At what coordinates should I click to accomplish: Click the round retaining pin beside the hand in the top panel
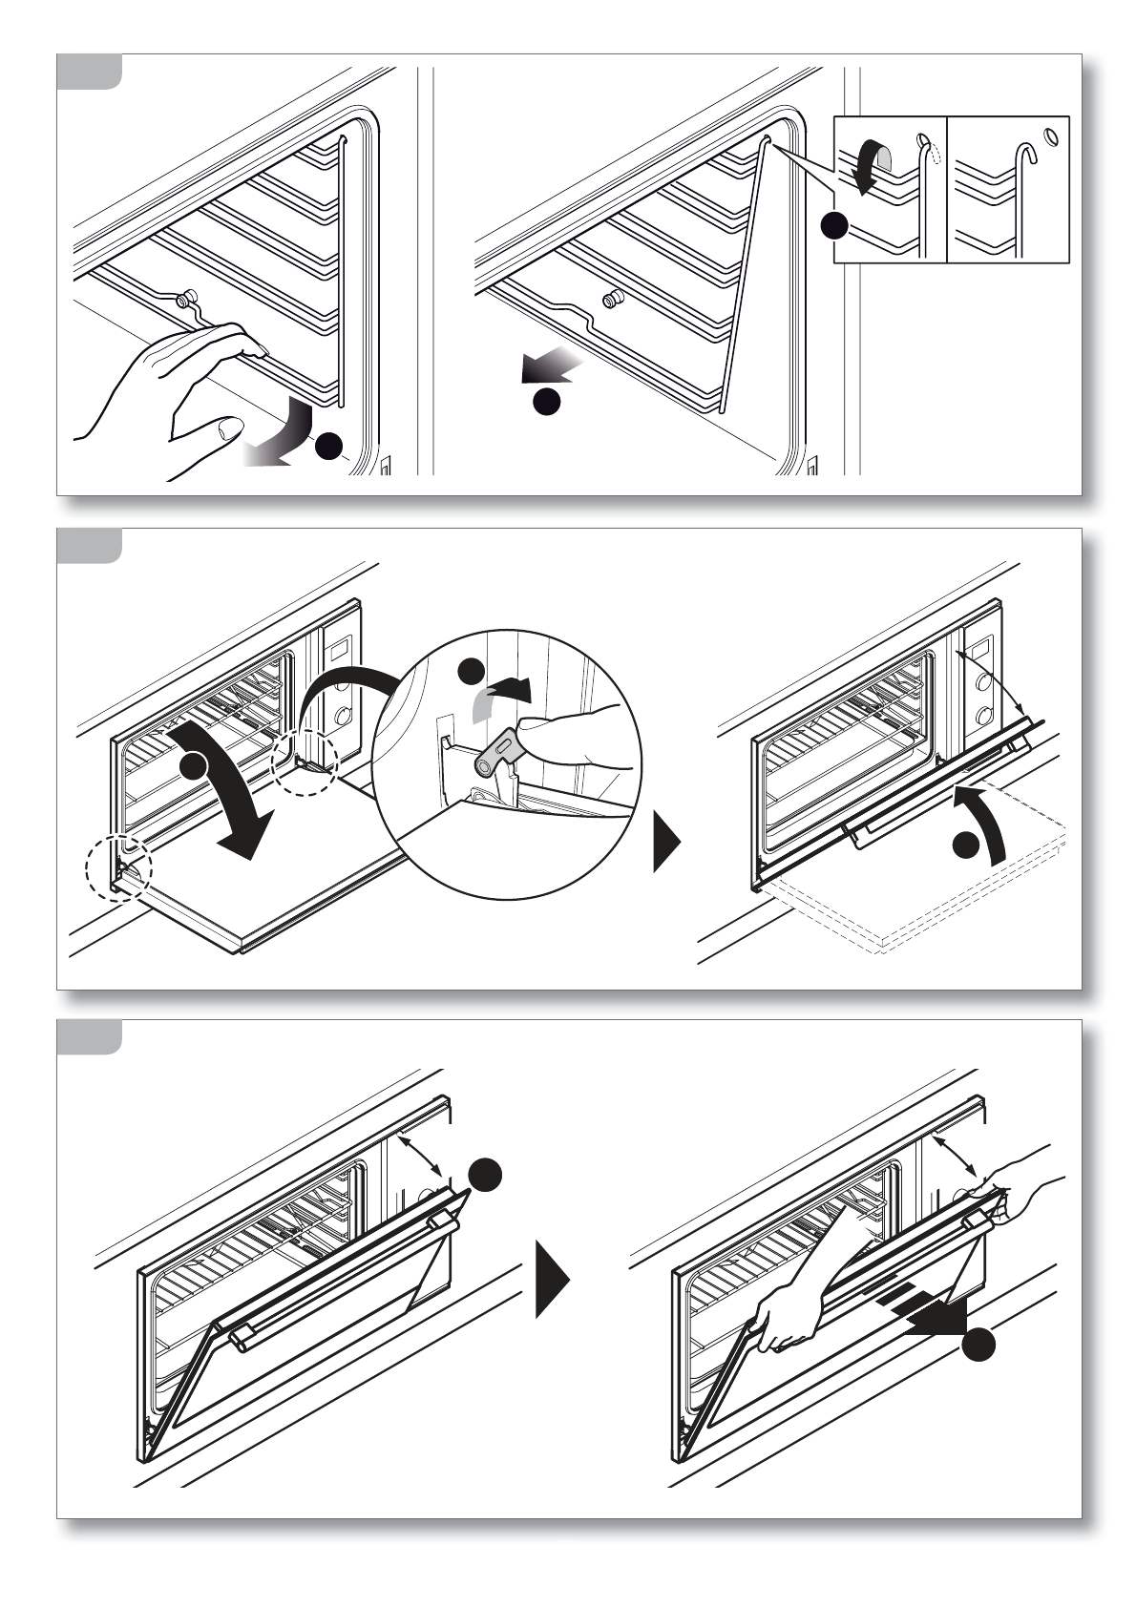coord(189,297)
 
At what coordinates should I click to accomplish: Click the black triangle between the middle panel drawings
coord(666,842)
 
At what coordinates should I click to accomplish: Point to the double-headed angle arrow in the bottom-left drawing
coord(420,1156)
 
